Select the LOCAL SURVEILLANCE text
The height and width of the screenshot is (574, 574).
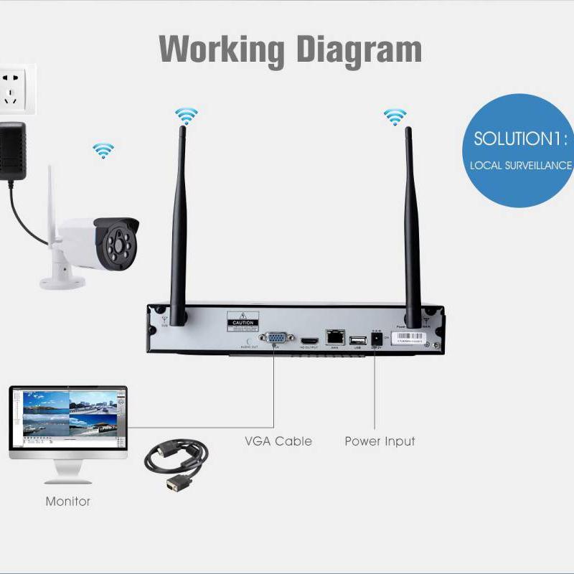pyautogui.click(x=522, y=165)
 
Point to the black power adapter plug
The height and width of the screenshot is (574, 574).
pyautogui.click(x=14, y=150)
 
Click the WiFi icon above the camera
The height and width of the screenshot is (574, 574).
pyautogui.click(x=103, y=151)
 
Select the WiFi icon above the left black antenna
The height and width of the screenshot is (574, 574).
pyautogui.click(x=186, y=115)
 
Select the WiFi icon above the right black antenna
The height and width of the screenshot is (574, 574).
pyautogui.click(x=395, y=116)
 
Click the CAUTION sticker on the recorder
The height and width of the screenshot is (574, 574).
pyautogui.click(x=242, y=319)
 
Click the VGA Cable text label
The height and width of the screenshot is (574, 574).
pyautogui.click(x=278, y=441)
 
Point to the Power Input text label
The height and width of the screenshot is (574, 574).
pyautogui.click(x=380, y=441)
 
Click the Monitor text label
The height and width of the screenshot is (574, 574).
pyautogui.click(x=68, y=502)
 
